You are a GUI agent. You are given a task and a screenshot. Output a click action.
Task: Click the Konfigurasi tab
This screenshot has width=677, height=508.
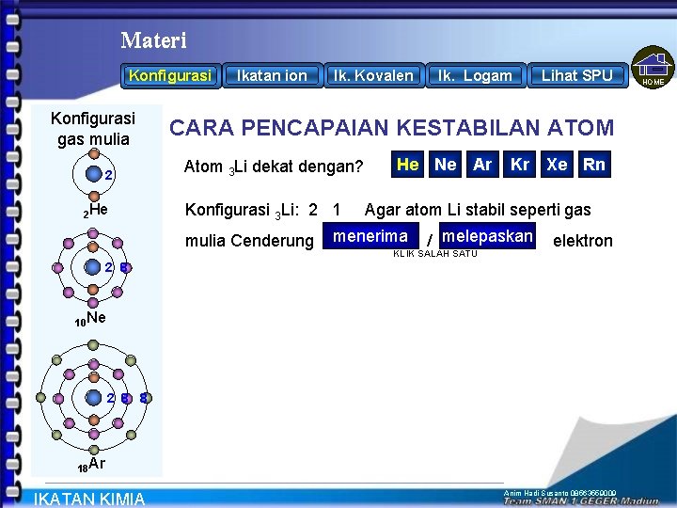tap(171, 75)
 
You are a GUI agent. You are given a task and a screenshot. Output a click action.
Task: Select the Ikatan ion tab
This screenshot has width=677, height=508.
tap(272, 75)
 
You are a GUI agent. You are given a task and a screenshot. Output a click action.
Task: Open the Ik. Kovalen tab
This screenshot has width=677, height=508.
tap(373, 75)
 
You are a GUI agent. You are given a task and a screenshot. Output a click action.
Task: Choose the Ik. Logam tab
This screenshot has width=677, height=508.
tap(476, 75)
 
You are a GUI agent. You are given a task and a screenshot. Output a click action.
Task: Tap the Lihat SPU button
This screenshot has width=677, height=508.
tap(576, 75)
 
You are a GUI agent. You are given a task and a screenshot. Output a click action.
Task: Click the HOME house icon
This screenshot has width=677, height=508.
tap(653, 68)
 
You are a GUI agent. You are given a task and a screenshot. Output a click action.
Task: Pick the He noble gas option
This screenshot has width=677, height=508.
tap(408, 165)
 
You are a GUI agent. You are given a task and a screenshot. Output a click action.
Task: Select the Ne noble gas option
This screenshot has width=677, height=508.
tap(446, 165)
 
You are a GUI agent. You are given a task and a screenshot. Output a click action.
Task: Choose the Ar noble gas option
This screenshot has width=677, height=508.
tap(482, 165)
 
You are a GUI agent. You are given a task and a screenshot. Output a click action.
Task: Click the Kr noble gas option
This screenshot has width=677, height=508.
tap(520, 165)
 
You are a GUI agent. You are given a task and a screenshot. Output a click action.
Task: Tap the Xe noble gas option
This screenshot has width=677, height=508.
tap(557, 165)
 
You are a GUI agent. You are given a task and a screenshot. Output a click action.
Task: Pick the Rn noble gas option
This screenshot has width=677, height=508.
tap(594, 165)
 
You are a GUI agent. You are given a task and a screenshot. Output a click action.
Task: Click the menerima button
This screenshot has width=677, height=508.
tap(370, 236)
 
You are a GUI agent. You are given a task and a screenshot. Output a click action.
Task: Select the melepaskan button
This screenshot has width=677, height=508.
tap(487, 236)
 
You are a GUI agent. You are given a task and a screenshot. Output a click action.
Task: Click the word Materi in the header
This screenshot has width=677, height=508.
tap(153, 40)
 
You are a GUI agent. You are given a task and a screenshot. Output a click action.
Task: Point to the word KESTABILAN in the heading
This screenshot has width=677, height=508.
tap(453, 128)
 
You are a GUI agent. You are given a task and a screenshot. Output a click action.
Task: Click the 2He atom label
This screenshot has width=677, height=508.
tap(96, 212)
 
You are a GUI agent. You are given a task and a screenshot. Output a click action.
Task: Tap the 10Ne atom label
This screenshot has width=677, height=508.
tap(90, 320)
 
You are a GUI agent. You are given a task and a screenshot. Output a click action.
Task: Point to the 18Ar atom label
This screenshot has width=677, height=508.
tap(91, 465)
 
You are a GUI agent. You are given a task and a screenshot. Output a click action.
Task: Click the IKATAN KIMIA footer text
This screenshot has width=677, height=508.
tap(89, 499)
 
